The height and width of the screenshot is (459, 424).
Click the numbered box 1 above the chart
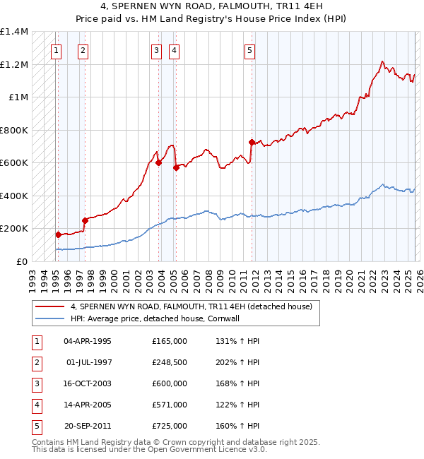pyautogui.click(x=56, y=50)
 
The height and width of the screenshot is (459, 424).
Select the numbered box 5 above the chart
pyautogui.click(x=250, y=50)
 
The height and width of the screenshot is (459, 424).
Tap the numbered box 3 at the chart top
pyautogui.click(x=156, y=50)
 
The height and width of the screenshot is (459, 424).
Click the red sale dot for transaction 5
pyautogui.click(x=252, y=142)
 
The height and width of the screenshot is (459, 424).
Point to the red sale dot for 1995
pyautogui.click(x=58, y=234)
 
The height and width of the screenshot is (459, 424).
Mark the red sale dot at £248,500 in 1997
pyautogui.click(x=85, y=220)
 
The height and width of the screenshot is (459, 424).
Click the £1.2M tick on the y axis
pyautogui.click(x=14, y=64)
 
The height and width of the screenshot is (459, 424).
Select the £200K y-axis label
pyautogui.click(x=14, y=229)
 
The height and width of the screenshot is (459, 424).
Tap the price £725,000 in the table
pyautogui.click(x=169, y=426)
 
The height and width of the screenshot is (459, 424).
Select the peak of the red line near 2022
pyautogui.click(x=382, y=61)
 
